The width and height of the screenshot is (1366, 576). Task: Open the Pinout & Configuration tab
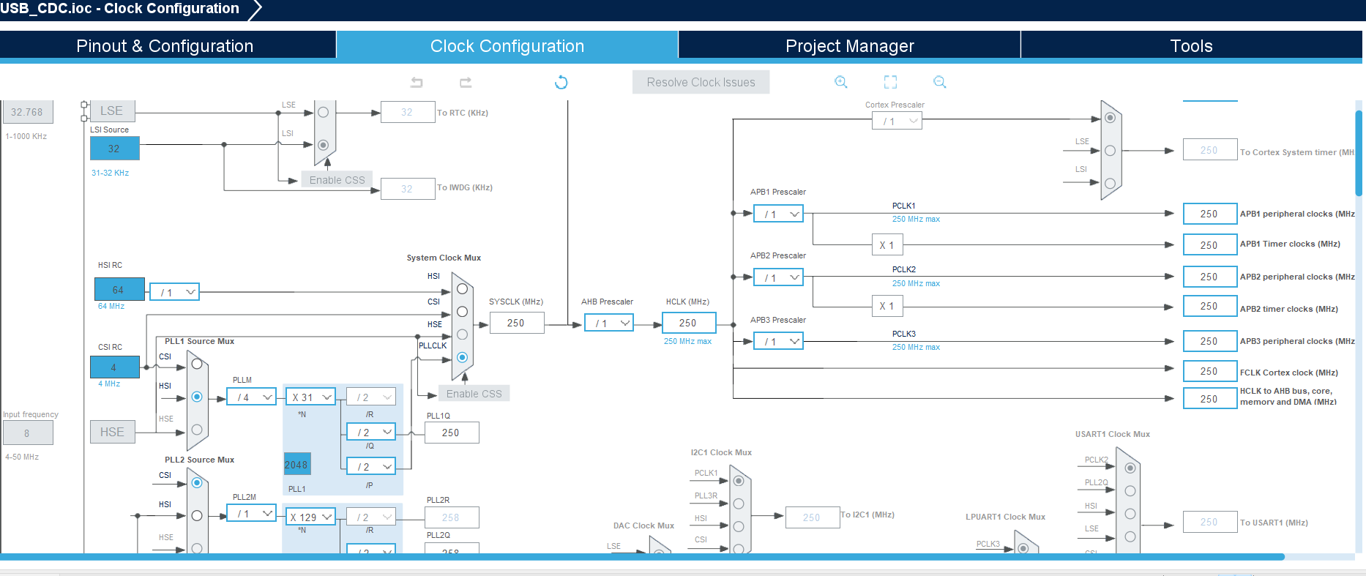pos(165,45)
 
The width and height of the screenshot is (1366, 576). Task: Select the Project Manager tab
pos(849,45)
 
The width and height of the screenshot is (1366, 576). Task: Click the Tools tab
pos(1191,45)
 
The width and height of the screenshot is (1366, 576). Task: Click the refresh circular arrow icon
pos(561,82)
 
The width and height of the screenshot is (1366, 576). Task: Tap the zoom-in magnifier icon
pos(841,82)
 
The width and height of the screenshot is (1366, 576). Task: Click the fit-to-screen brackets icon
pos(890,82)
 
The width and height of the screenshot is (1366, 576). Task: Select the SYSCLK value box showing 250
pos(516,323)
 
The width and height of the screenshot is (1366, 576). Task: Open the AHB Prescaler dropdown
pos(609,323)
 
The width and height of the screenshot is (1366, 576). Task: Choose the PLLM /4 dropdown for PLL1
pos(251,397)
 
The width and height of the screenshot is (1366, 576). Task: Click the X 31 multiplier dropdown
pos(310,397)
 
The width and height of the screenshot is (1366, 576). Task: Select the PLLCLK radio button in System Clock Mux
pos(462,357)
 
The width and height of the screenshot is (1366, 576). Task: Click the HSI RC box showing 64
pos(119,290)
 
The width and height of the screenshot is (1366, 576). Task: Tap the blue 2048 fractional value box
pos(296,464)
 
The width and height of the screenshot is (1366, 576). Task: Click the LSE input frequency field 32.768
pos(27,112)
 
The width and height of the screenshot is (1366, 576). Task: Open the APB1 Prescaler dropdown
pos(779,214)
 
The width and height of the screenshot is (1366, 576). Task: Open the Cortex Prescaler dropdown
pos(897,121)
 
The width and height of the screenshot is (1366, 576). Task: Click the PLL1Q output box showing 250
pos(451,433)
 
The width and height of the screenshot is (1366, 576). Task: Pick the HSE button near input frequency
pos(112,432)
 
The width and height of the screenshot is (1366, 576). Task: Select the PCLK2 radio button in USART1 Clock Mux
pos(1130,468)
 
